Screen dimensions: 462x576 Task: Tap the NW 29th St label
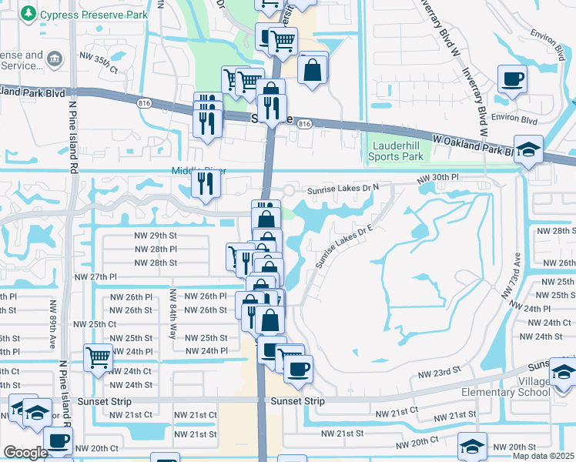point(156,235)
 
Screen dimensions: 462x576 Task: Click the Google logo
point(25,453)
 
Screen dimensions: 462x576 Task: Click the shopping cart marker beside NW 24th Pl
point(99,357)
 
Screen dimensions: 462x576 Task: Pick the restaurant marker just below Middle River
point(206,182)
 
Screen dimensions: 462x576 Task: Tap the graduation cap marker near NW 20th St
point(473,445)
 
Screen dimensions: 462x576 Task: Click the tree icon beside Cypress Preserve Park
point(28,14)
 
